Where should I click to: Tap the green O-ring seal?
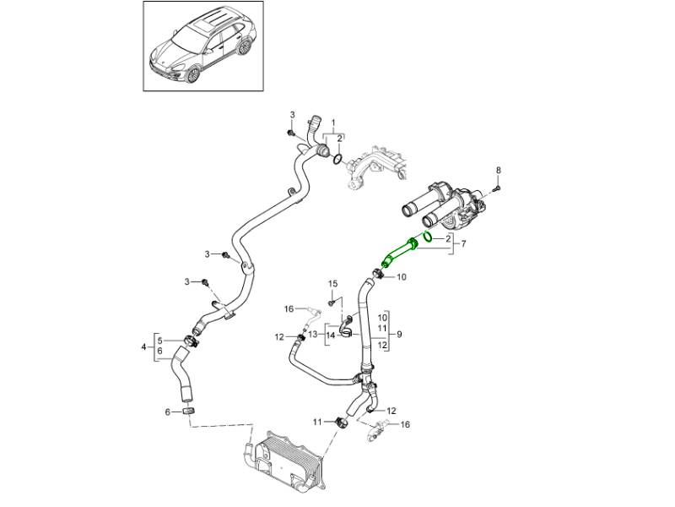[x=427, y=237]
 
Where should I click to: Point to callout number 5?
[x=160, y=340]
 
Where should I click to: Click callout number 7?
[x=462, y=245]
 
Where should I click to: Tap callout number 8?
[x=498, y=170]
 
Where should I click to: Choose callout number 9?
[x=399, y=334]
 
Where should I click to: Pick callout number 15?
[x=332, y=283]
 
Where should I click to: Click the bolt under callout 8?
[x=498, y=187]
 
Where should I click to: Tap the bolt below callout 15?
[x=332, y=302]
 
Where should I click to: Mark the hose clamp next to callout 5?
[x=191, y=341]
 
